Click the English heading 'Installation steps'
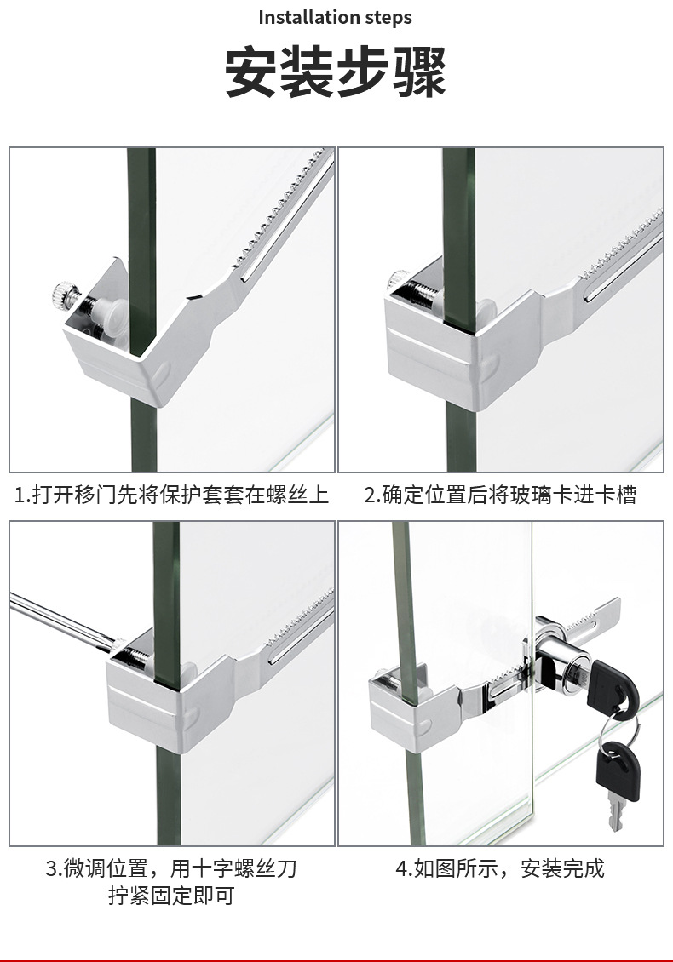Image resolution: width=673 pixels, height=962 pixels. point(335,17)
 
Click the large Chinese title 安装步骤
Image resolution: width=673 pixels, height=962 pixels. point(336,72)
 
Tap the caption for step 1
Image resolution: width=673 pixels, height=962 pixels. point(172,495)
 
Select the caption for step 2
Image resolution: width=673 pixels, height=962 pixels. point(500,495)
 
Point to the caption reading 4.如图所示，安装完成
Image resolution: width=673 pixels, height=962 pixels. point(500,868)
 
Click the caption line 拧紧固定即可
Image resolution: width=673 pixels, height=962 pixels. point(172,895)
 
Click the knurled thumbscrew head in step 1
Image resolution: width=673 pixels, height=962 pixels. point(63,294)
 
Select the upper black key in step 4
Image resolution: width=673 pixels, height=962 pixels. point(610,686)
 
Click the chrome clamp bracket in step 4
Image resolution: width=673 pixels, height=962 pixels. point(412,706)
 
